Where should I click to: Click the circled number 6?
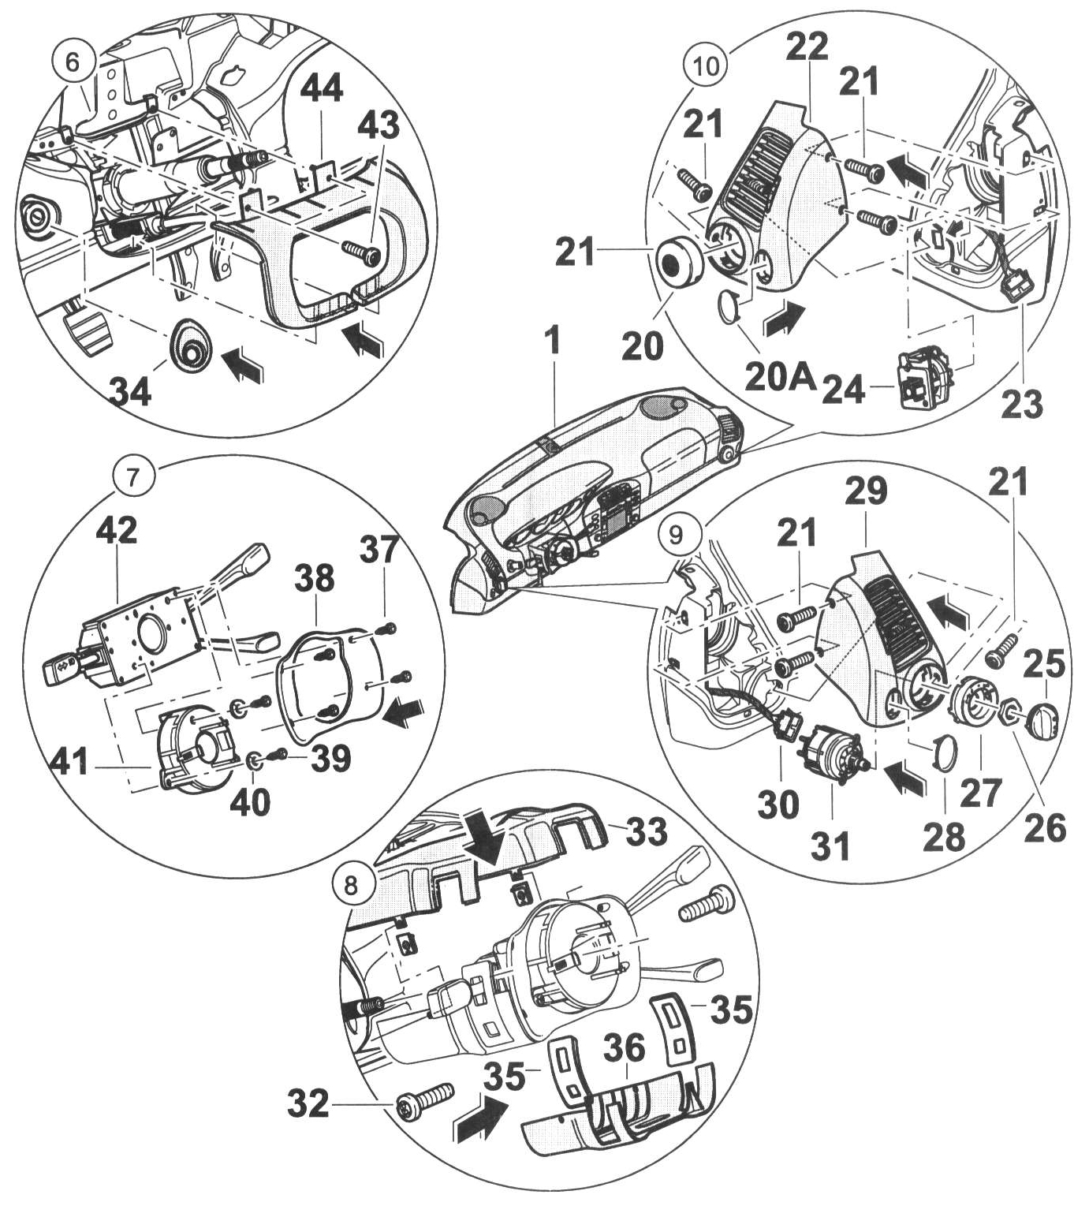click(x=73, y=62)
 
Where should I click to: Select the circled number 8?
click(x=351, y=884)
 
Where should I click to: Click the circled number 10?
click(x=706, y=65)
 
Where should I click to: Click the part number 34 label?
click(x=130, y=390)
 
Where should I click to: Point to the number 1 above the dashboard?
click(x=554, y=342)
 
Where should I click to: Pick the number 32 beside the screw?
click(x=308, y=1103)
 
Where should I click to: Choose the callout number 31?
click(x=833, y=846)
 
